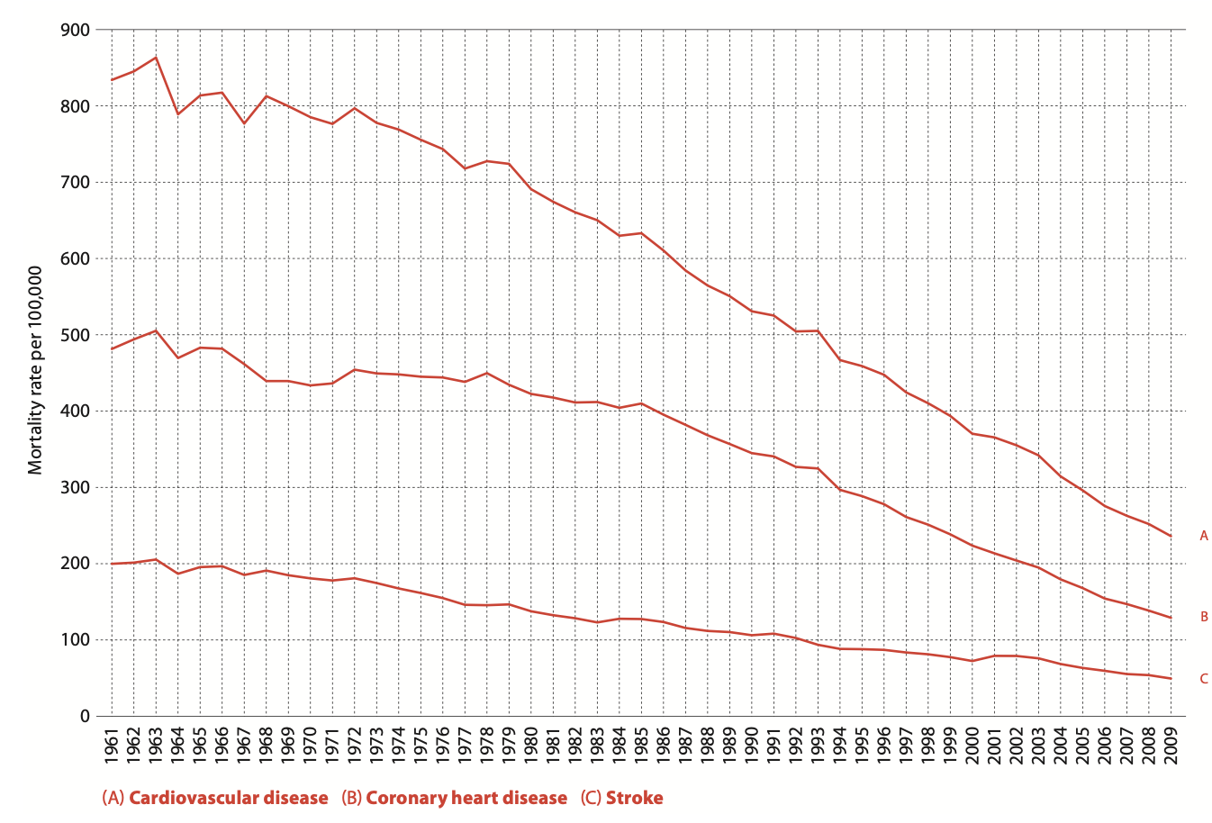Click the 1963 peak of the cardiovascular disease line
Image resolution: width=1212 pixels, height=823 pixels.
click(x=156, y=58)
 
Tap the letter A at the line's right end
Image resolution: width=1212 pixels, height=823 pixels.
click(x=1203, y=536)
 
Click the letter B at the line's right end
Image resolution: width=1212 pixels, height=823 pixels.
click(x=1203, y=617)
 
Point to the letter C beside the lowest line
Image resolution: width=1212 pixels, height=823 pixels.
click(x=1203, y=679)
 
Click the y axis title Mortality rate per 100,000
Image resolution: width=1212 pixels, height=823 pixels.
click(x=35, y=370)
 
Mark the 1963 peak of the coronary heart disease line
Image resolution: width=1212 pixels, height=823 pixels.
click(x=156, y=330)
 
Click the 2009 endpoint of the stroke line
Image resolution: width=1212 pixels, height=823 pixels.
click(x=1171, y=678)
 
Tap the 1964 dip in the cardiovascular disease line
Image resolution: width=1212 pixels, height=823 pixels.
click(x=178, y=113)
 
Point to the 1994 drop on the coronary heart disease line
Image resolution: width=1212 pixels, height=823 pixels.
click(x=840, y=489)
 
